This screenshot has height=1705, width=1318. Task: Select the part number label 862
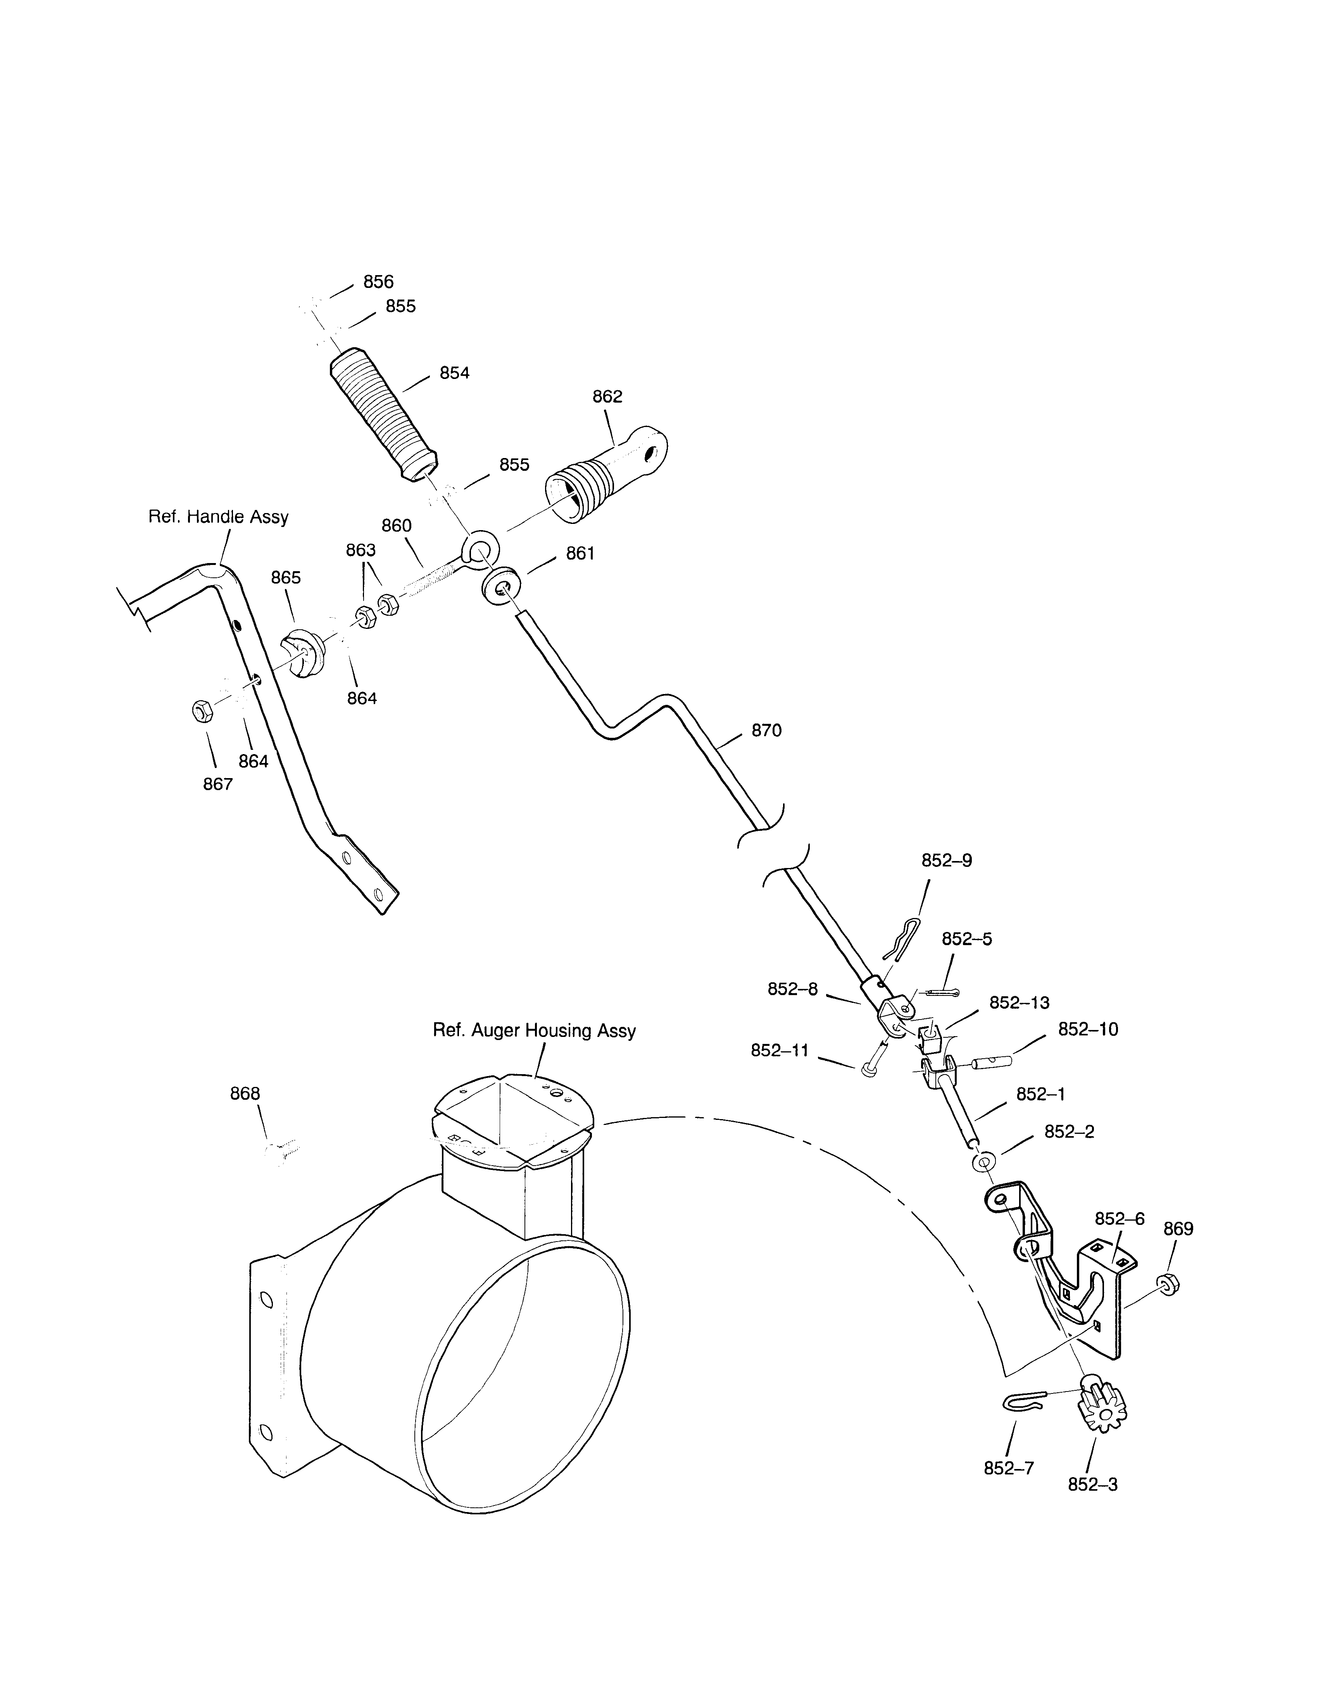click(607, 396)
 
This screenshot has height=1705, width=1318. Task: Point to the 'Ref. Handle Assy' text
click(219, 517)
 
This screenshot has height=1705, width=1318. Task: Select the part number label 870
click(766, 731)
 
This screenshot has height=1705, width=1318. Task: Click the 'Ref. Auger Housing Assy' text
click(534, 1030)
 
